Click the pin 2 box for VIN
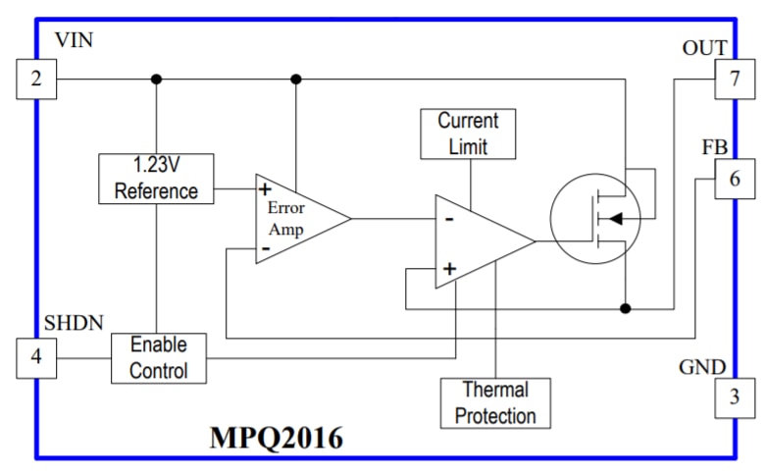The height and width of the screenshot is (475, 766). pos(36,79)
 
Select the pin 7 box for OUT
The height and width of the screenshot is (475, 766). pos(734,79)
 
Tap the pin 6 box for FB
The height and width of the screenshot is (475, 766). pos(734,180)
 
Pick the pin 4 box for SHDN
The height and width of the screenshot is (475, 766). pos(36,357)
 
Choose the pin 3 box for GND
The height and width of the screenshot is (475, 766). pos(734,398)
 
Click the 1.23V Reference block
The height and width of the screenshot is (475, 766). pos(156,179)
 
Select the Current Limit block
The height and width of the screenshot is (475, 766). pos(468,133)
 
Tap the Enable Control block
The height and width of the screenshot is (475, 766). pos(158,358)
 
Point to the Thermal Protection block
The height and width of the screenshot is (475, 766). pos(495,402)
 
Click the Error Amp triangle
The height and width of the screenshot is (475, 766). pos(295,218)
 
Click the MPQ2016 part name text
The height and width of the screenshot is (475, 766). pos(277,438)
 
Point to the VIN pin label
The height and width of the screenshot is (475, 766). pos(75,41)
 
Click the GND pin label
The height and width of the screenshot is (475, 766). pos(702,368)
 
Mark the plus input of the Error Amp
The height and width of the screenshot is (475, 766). pos(265,188)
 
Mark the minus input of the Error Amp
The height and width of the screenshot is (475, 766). pos(265,249)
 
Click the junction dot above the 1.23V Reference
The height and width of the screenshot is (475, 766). pos(156,79)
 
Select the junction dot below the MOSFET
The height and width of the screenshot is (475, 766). pos(626,308)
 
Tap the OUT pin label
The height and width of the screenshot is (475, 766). pos(704,48)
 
